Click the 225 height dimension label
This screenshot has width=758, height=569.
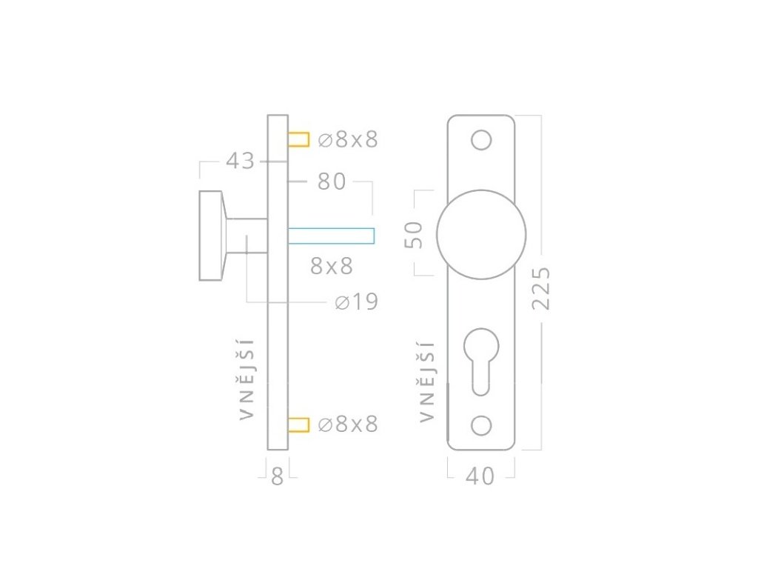point(541,288)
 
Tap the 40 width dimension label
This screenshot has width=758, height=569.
point(480,476)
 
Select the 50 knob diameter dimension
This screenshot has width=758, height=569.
point(413,235)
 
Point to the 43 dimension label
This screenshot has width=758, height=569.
point(240,161)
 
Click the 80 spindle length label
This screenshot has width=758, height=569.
point(332,182)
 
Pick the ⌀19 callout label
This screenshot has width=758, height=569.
point(356,302)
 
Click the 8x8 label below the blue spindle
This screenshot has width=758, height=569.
point(332,266)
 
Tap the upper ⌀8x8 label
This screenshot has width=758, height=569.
point(348,139)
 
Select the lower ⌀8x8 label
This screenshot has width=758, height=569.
point(348,424)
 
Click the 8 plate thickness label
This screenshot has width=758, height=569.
point(277,476)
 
